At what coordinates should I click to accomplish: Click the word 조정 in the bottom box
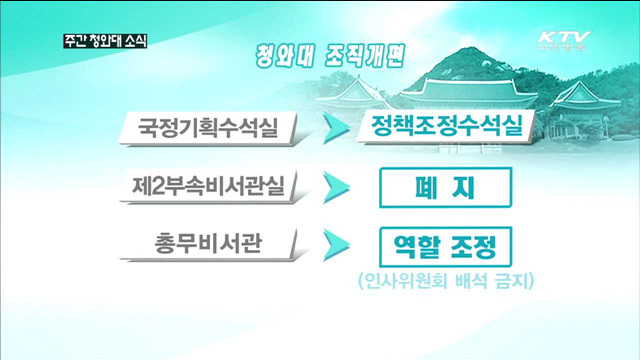coord(473,244)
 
